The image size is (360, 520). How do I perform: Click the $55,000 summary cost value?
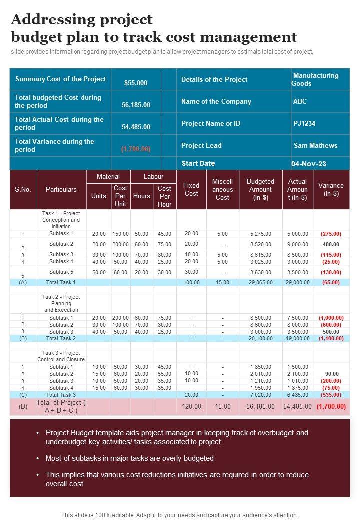tap(136, 83)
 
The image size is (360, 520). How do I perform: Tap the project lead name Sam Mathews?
tap(315, 146)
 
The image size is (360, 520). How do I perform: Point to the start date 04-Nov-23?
tap(308, 164)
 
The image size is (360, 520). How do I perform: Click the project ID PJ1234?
tap(304, 123)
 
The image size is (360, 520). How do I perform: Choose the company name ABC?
tap(300, 101)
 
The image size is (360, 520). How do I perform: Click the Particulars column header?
tap(61, 190)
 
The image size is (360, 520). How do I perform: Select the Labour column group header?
tap(153, 177)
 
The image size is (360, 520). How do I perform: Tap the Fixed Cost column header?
tap(191, 190)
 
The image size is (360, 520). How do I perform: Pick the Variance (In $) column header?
tap(331, 190)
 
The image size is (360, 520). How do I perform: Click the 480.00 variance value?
tap(331, 245)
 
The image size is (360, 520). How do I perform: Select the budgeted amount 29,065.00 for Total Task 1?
tap(261, 283)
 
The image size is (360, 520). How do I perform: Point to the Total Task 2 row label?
tap(61, 339)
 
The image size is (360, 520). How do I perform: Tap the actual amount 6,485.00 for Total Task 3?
tap(298, 395)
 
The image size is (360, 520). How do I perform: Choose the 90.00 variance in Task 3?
tap(332, 374)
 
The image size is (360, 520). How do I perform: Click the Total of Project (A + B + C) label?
tap(61, 406)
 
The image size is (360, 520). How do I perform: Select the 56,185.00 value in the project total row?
tap(261, 407)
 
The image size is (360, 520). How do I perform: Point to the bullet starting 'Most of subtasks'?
tap(130, 458)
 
